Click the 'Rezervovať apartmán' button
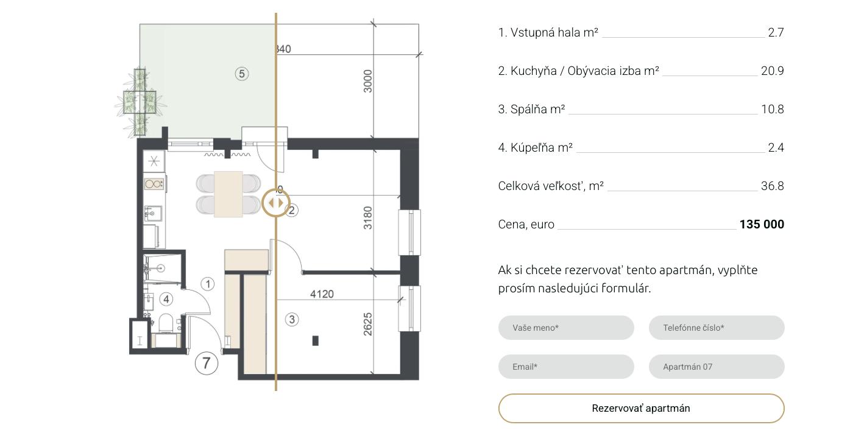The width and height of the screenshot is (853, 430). (641, 408)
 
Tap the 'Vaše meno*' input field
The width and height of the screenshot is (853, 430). (566, 328)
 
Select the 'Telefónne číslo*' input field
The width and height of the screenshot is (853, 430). (717, 328)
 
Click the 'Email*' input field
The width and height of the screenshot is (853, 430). (566, 367)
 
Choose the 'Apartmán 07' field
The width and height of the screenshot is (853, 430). (717, 367)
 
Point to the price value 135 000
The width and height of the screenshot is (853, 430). (762, 224)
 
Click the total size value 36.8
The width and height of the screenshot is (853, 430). (773, 186)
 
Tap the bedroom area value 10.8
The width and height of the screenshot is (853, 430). (773, 109)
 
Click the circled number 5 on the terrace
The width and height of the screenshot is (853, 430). (242, 74)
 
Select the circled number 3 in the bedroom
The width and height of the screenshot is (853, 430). (292, 319)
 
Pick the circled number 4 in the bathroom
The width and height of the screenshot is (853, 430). (166, 300)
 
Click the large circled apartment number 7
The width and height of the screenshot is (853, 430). (207, 363)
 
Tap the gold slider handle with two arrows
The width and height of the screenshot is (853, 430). (276, 203)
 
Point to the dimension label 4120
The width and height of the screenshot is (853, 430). (322, 294)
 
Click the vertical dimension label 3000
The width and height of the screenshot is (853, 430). (367, 81)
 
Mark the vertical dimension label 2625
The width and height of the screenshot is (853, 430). (367, 324)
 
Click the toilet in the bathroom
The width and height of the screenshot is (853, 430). (166, 323)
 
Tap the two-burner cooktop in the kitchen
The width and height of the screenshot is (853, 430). (154, 184)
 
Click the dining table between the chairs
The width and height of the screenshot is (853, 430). (228, 194)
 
